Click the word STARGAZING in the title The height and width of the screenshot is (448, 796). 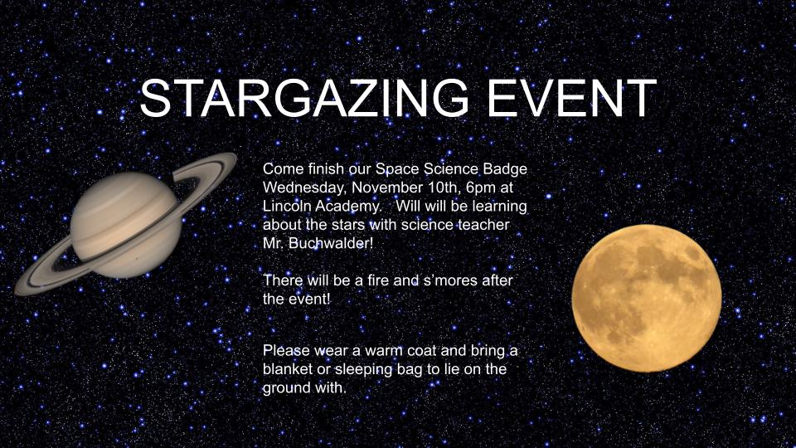click(304, 98)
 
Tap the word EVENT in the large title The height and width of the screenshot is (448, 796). click(571, 98)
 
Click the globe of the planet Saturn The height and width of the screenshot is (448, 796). click(126, 225)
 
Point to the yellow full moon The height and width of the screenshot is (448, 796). click(647, 298)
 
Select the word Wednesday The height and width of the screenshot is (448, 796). click(304, 188)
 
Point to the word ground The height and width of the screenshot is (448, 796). click(285, 388)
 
